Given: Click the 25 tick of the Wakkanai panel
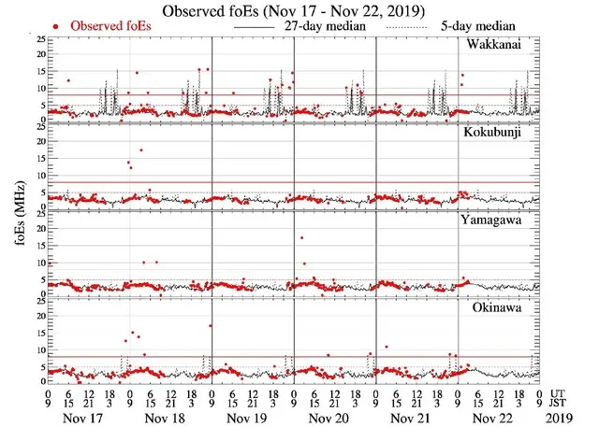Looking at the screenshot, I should [x=39, y=39].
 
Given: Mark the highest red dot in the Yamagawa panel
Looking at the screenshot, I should [x=301, y=237].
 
